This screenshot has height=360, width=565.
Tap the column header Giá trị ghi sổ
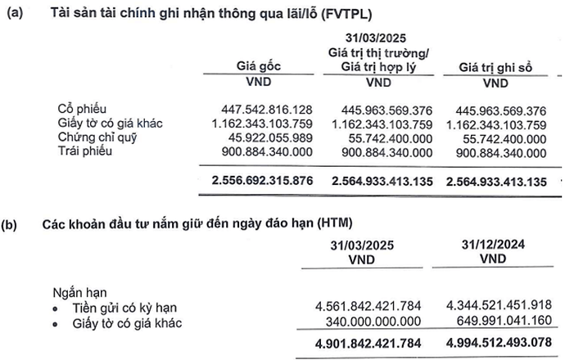click(495, 67)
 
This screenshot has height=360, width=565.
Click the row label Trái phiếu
click(84, 151)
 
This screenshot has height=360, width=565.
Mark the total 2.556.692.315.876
click(262, 181)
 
